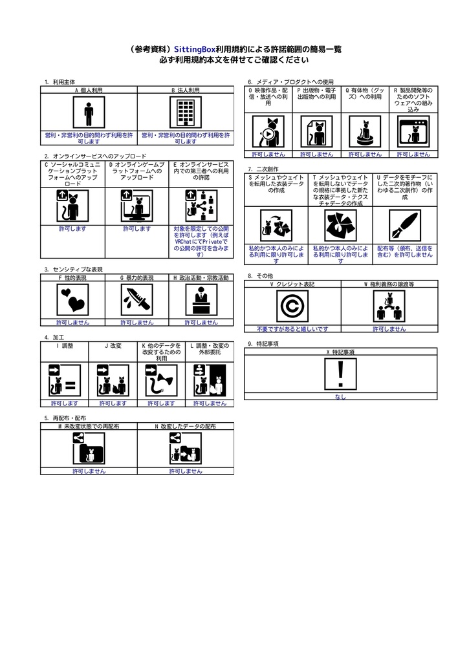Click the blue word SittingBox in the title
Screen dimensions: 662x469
[195, 49]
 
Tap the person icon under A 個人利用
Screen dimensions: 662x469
[89, 114]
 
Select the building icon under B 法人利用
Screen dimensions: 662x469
[186, 114]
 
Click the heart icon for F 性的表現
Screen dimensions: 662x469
[72, 300]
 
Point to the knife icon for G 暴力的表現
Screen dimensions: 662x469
[136, 300]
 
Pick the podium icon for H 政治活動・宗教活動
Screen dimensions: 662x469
[201, 300]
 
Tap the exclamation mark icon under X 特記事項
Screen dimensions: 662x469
[341, 374]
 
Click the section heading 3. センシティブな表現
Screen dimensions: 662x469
[74, 270]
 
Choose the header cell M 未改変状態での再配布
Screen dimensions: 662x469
[89, 427]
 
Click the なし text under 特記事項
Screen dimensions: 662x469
[341, 397]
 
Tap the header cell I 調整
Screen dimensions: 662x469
[65, 346]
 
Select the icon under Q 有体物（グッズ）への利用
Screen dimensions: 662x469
[365, 132]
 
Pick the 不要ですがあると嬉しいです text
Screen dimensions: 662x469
[292, 329]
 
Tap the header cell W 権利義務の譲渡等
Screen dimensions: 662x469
[389, 284]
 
